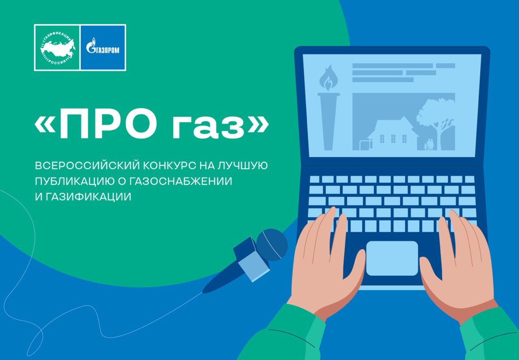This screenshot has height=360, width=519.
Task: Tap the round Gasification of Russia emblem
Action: (58, 48)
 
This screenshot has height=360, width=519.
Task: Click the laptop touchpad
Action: (392, 258)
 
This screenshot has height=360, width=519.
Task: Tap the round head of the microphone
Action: (272, 244)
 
